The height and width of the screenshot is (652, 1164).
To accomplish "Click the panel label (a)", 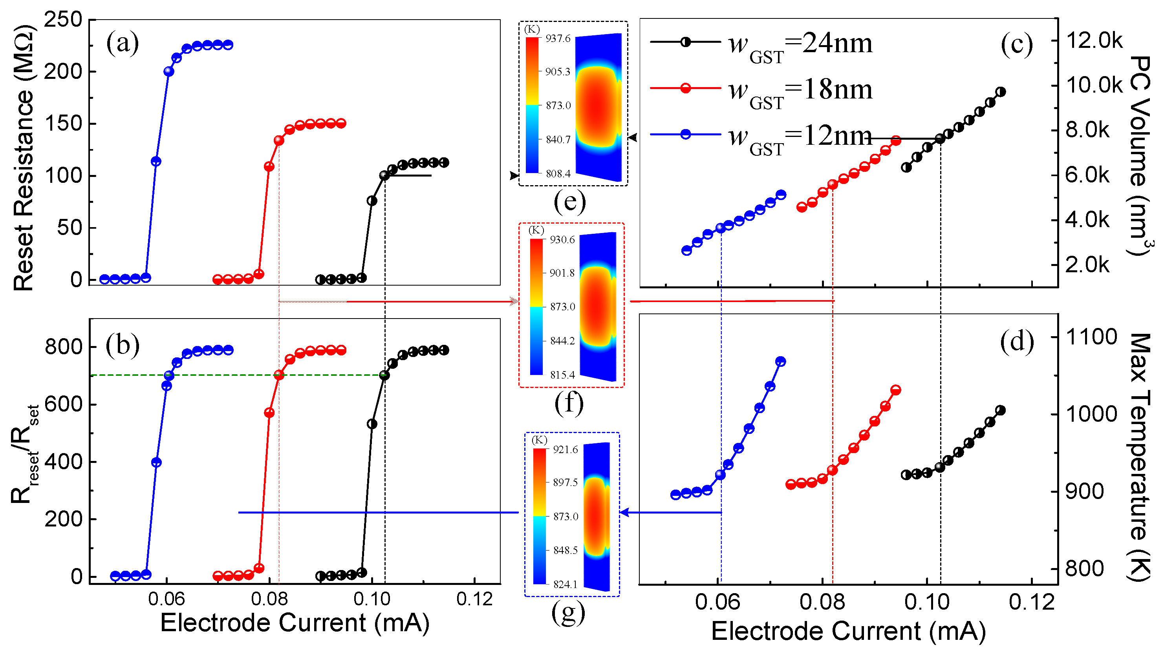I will pyautogui.click(x=122, y=44).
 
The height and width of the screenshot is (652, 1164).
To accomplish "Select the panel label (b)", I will pyautogui.click(x=122, y=345).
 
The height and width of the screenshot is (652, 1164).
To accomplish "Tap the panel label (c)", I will pyautogui.click(x=1016, y=45).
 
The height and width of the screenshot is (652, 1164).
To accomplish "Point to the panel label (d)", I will pyautogui.click(x=1016, y=342).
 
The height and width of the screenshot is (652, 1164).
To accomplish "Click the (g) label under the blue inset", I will pyautogui.click(x=568, y=613).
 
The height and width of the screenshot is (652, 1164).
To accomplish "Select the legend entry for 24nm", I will pyautogui.click(x=800, y=44).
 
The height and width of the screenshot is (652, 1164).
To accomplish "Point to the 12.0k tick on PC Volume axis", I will pyautogui.click(x=1094, y=41).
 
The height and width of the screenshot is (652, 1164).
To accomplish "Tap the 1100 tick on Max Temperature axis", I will pyautogui.click(x=1091, y=337).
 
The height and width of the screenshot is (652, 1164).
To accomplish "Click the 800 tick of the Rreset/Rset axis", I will pyautogui.click(x=64, y=347).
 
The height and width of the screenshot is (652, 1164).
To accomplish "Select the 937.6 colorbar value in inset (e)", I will pyautogui.click(x=558, y=38).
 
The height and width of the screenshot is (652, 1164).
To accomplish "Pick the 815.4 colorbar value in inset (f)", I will pyautogui.click(x=562, y=375).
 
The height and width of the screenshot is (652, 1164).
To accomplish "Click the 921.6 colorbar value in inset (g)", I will pyautogui.click(x=565, y=449).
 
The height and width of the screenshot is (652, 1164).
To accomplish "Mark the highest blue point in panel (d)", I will pyautogui.click(x=780, y=361).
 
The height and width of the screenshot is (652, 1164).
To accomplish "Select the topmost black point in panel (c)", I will pyautogui.click(x=1000, y=92).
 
